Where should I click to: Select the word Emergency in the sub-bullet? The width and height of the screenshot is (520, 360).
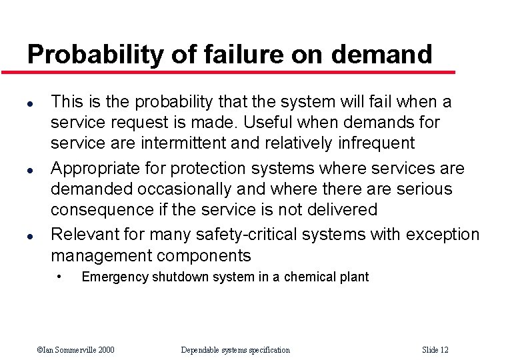coord(115,277)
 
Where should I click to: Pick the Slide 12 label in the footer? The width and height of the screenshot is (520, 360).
coord(435,350)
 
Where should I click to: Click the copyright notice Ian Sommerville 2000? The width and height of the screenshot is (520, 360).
coord(75,350)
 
